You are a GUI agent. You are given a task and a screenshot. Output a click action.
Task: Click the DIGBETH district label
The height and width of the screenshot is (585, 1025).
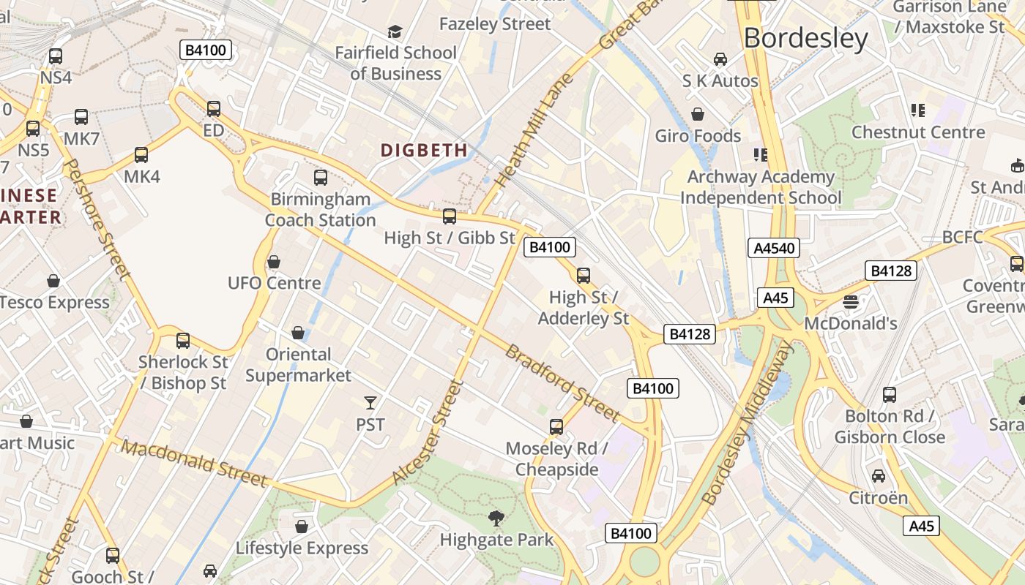(424, 150)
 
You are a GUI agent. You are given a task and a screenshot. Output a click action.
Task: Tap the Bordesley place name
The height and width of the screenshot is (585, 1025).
(805, 38)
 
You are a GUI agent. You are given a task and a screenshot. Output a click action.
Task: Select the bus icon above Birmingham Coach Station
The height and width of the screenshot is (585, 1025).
(320, 178)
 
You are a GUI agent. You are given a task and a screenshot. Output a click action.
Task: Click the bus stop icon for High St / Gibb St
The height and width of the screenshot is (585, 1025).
(450, 216)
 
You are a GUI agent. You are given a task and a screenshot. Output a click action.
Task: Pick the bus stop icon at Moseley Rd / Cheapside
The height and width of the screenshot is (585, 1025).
(556, 427)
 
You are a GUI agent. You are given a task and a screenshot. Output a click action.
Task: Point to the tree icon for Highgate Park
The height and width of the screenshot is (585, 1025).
(496, 518)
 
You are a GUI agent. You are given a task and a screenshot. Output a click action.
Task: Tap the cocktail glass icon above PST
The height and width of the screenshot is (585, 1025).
(370, 403)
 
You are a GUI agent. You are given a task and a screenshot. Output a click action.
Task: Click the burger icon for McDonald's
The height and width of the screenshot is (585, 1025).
(850, 301)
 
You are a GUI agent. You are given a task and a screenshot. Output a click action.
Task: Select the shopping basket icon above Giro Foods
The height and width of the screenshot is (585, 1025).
(698, 114)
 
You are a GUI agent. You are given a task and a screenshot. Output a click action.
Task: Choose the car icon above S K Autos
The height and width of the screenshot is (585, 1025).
(720, 59)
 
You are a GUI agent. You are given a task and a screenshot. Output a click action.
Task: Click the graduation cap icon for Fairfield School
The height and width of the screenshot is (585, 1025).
(395, 31)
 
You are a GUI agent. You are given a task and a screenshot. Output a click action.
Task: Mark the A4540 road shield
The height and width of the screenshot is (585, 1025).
(774, 248)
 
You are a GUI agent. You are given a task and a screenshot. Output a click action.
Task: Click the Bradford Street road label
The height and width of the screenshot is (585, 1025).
(562, 382)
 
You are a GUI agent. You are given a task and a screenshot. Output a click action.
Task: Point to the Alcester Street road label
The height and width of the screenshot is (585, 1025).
(428, 431)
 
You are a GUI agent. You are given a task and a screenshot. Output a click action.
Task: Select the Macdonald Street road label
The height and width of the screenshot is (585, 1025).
(194, 464)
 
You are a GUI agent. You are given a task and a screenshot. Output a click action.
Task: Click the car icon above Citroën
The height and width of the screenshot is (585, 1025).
(878, 476)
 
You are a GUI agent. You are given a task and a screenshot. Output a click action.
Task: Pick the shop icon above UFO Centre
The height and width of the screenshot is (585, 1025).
(274, 262)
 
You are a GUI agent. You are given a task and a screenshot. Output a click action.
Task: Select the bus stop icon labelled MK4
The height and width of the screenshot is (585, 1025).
(141, 155)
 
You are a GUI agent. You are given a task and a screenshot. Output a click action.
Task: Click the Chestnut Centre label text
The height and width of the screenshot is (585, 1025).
(918, 132)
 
